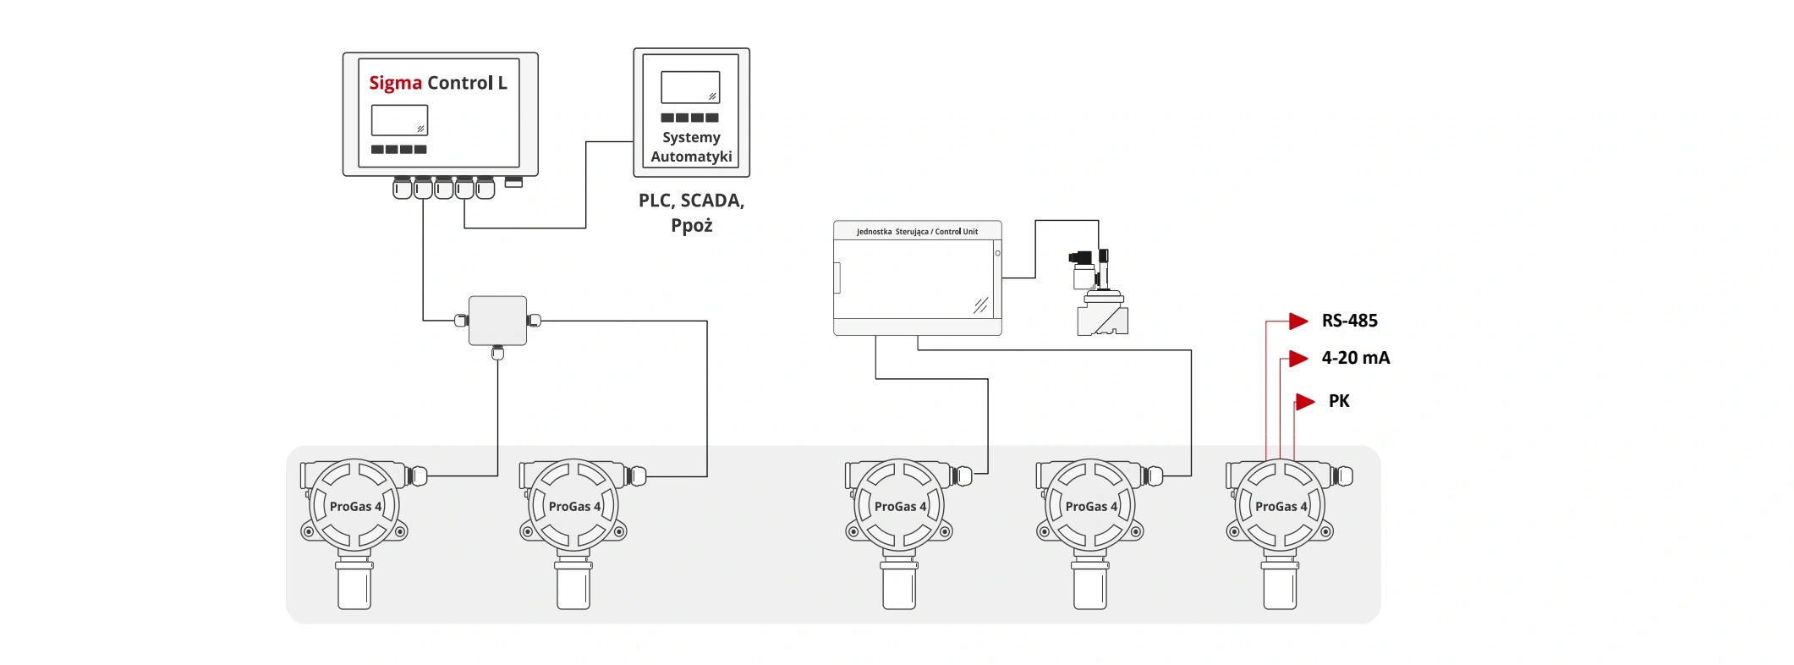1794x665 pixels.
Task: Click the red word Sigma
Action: coord(395,83)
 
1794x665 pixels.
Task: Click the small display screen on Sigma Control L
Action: coord(399,120)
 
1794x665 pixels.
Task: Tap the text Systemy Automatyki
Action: coord(691,147)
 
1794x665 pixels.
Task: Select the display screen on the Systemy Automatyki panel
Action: coord(690,87)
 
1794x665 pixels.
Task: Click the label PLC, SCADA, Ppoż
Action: coord(691,212)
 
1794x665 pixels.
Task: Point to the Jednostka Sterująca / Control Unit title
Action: coord(917,231)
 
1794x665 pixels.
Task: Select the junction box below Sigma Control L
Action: coord(497,321)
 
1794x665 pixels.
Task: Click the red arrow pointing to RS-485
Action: coord(1298,321)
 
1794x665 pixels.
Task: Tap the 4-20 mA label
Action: coord(1355,358)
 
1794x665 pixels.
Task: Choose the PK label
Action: coord(1339,401)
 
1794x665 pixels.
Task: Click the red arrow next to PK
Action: coord(1305,401)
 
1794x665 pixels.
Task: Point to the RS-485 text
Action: coord(1349,321)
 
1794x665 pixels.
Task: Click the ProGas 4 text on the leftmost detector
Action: coord(355,507)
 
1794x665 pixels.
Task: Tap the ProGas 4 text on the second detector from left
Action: coord(574,507)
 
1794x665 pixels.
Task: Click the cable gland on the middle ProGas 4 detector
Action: coord(962,476)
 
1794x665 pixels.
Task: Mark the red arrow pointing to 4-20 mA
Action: coord(1298,358)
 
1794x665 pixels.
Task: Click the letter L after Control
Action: coord(502,83)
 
